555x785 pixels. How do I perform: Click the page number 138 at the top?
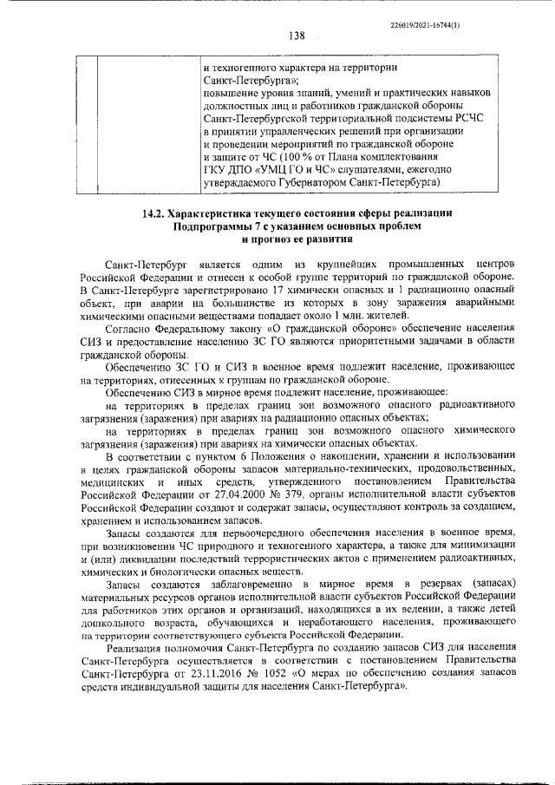pos(297,36)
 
